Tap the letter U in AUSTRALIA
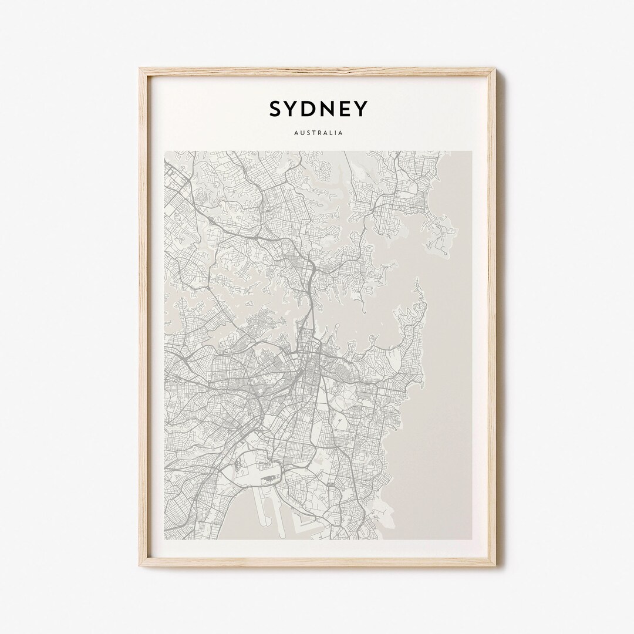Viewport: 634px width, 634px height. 302,133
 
